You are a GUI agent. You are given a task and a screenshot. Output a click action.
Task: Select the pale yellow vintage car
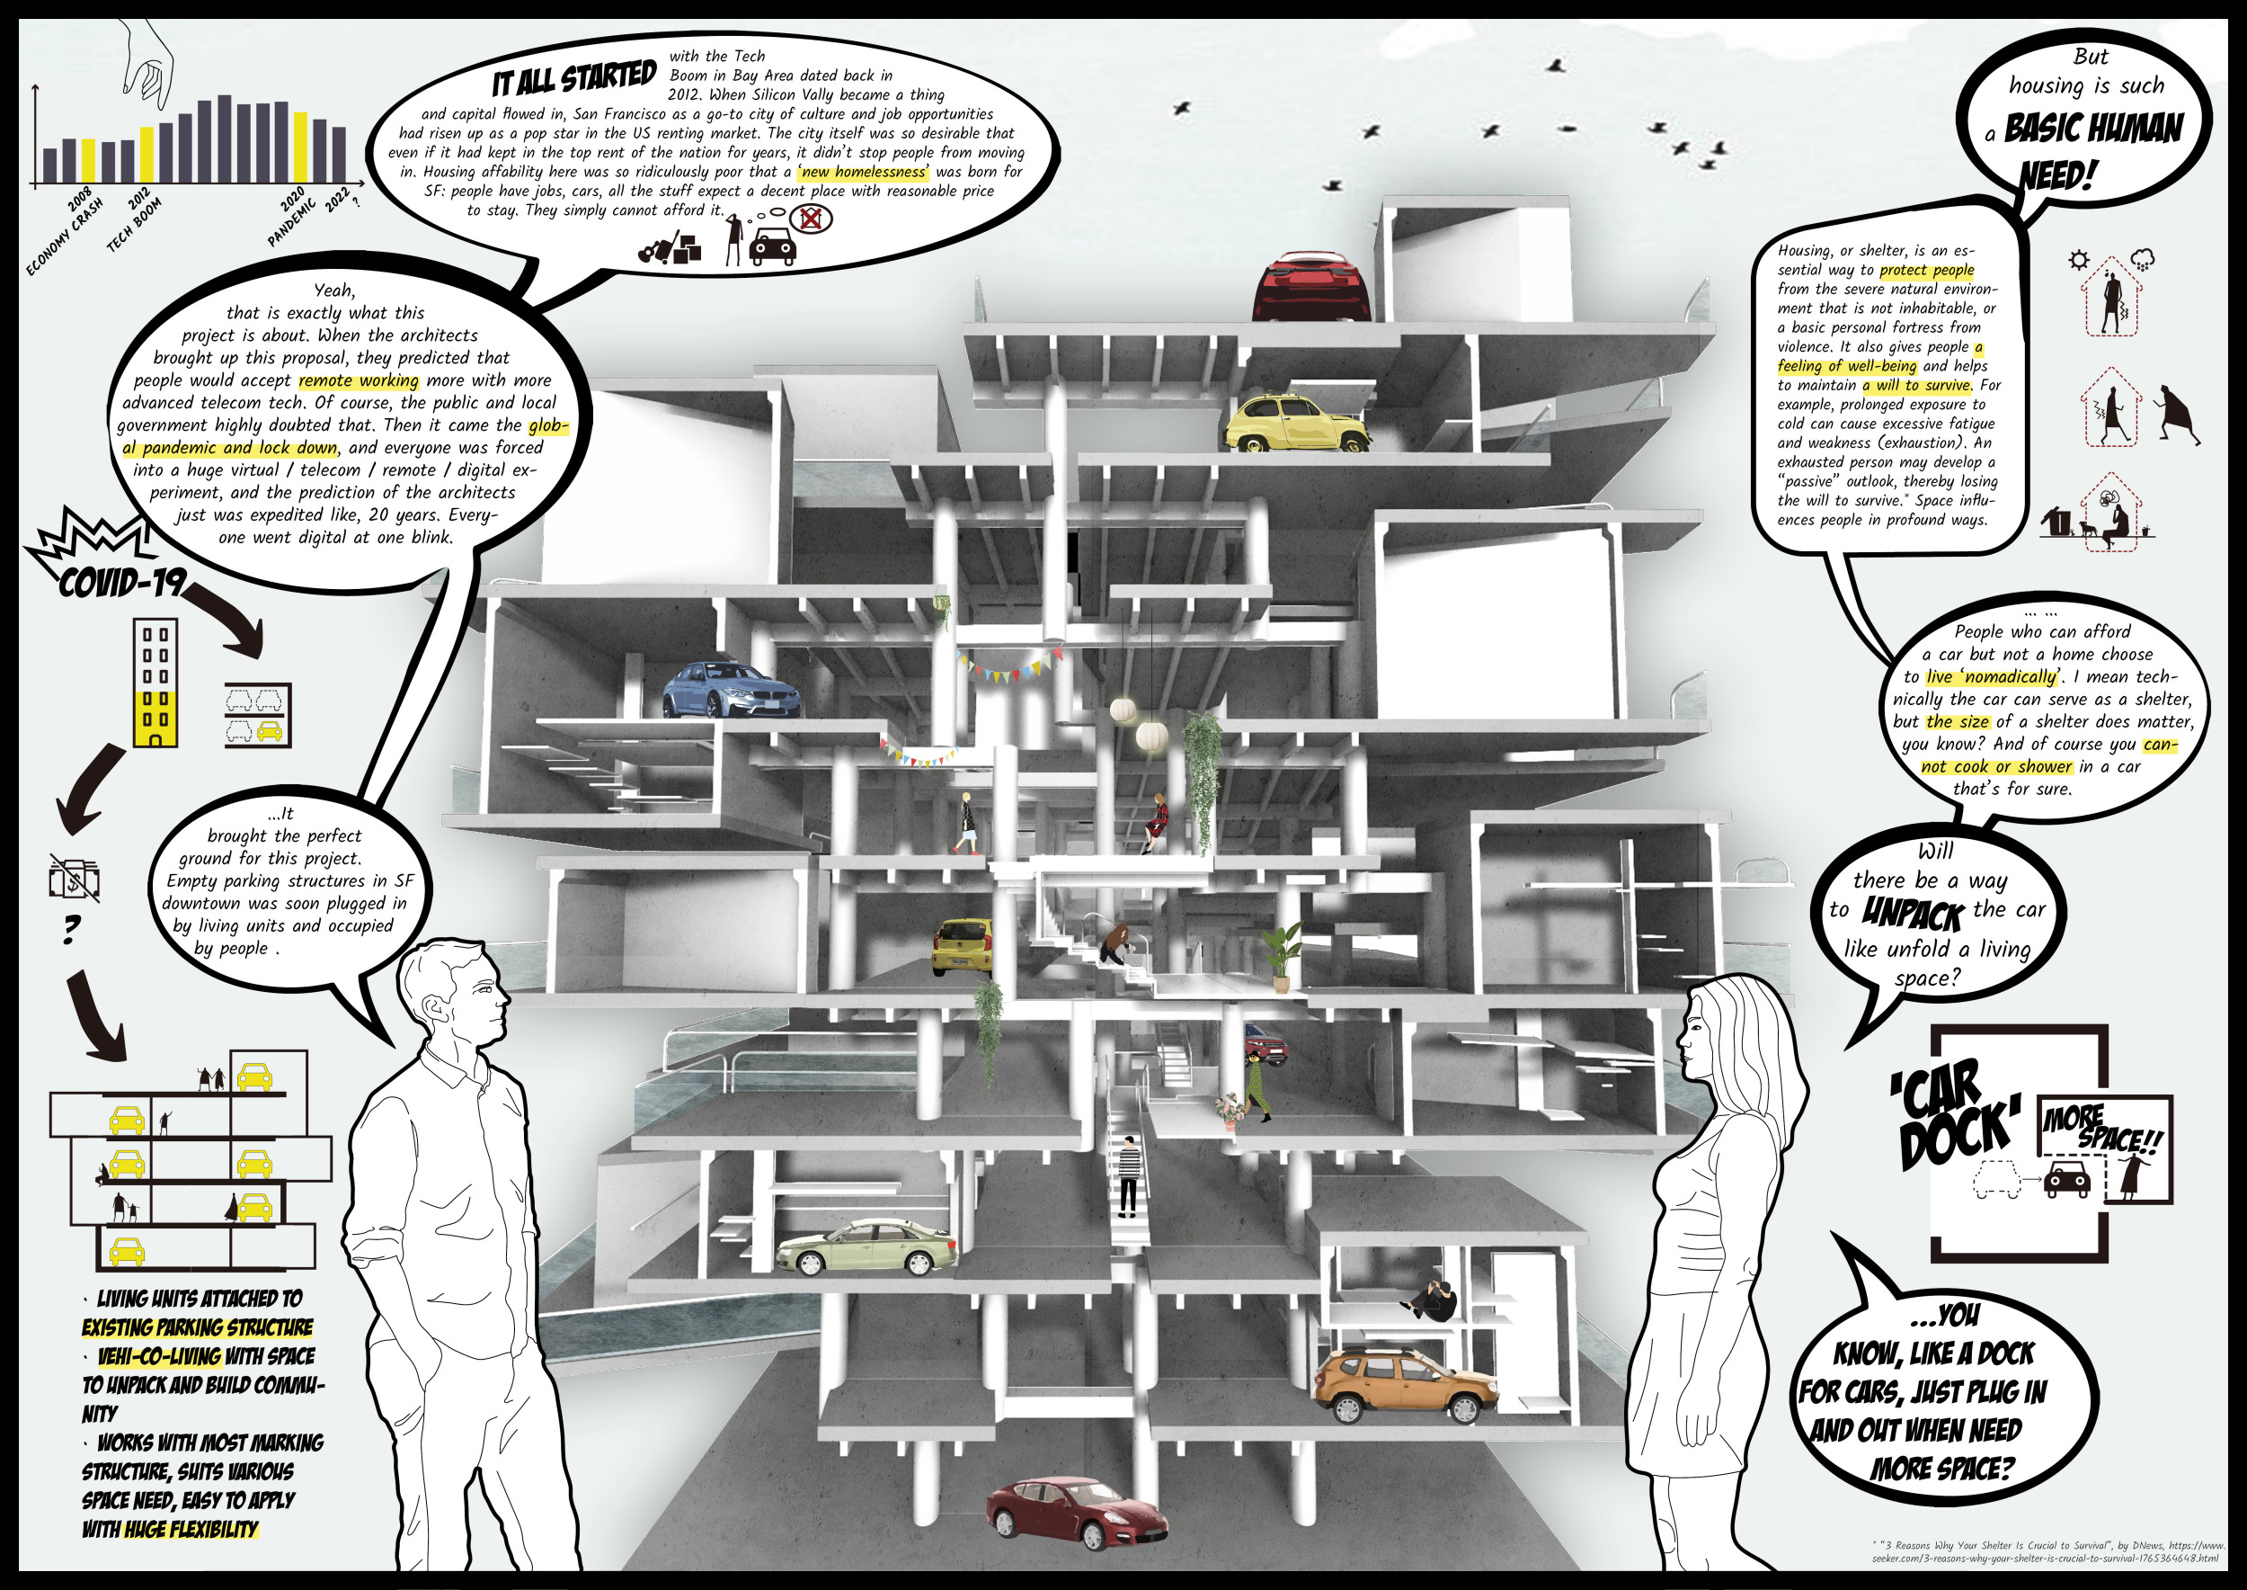tap(1293, 423)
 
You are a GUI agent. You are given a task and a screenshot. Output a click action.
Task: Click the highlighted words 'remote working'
tap(359, 380)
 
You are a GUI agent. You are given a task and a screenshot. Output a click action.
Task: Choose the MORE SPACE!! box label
tap(2102, 1128)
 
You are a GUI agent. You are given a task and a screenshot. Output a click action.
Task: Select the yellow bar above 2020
tap(300, 147)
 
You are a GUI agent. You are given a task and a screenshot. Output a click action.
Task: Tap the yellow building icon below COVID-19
tap(155, 682)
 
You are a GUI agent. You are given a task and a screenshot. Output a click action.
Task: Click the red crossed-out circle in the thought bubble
tap(811, 218)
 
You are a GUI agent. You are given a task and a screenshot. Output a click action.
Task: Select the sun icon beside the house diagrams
tap(2079, 261)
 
